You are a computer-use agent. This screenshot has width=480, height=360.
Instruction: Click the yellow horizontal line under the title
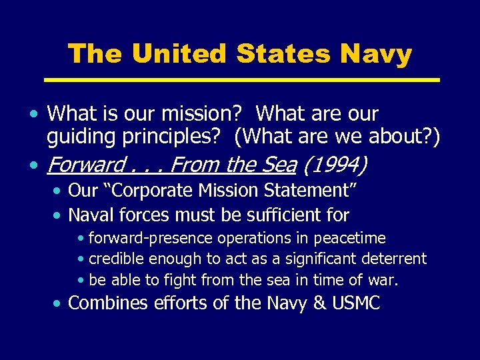coord(241,80)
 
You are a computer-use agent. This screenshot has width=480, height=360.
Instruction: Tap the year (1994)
coord(343,163)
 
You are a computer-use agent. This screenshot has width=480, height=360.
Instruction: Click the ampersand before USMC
coord(320,303)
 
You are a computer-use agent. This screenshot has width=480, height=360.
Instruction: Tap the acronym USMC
coord(356,303)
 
